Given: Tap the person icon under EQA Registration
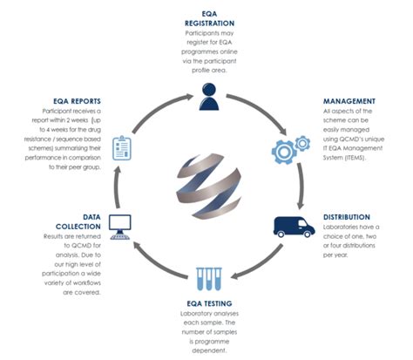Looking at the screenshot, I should tap(207, 97).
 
